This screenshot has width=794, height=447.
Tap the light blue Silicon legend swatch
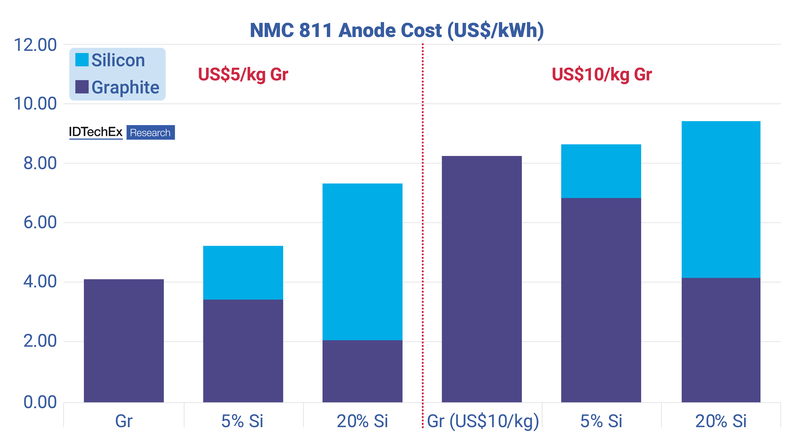click(82, 60)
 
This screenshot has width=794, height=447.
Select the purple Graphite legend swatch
click(82, 87)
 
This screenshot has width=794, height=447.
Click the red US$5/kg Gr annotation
click(243, 75)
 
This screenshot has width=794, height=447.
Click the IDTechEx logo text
click(96, 132)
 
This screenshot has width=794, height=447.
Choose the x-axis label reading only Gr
click(124, 421)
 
